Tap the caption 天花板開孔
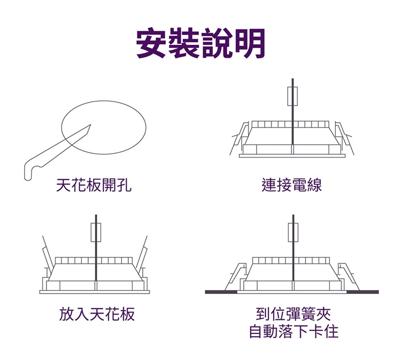point(94,185)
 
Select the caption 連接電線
point(292,185)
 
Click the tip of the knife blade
point(90,125)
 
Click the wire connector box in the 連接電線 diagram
point(293,97)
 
